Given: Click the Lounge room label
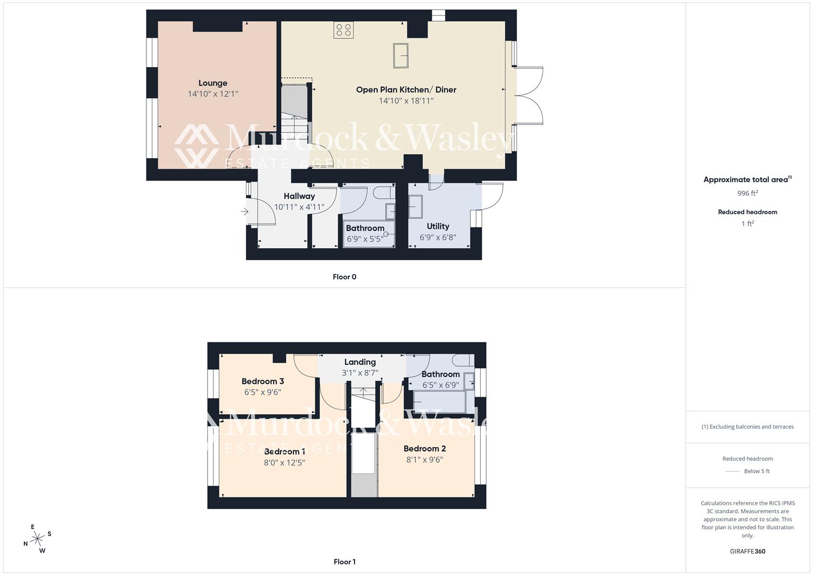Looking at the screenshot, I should [213, 83].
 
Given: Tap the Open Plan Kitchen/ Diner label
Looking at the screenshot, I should [406, 89].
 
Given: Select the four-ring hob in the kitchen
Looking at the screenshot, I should [343, 30].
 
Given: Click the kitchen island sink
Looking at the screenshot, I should [401, 56].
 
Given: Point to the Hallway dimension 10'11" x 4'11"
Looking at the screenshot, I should [299, 207].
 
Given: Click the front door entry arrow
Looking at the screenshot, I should [244, 212].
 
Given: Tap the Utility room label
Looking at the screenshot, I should [438, 226].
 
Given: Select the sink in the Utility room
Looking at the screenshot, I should [415, 207].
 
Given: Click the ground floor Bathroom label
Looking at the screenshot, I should [365, 228].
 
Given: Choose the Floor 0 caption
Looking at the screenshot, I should [344, 277].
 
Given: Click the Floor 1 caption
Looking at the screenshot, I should [344, 562].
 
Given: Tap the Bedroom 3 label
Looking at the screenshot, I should [262, 381].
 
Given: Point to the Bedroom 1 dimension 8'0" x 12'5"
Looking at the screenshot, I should [284, 463].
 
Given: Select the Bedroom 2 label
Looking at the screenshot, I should [424, 448].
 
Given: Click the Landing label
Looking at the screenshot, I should [360, 362].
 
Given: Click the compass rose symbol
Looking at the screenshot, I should [37, 539].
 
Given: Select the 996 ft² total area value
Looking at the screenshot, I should [748, 193].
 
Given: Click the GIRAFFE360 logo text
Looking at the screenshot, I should [748, 552].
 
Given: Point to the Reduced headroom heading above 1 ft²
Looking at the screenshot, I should [748, 212].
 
